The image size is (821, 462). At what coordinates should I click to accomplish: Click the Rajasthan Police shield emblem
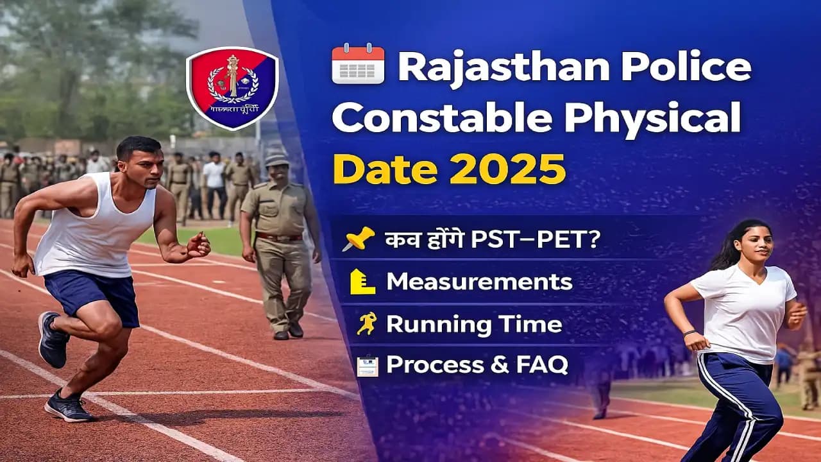232,88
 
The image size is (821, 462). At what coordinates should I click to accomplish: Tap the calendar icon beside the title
358,64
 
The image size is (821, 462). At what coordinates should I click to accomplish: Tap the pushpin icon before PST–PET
357,239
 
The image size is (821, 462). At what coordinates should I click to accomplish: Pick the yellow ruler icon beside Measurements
362,282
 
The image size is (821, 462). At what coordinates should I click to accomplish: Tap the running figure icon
366,323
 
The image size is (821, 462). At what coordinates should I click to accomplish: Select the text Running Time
473,324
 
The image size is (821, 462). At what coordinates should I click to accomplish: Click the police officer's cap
276,158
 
